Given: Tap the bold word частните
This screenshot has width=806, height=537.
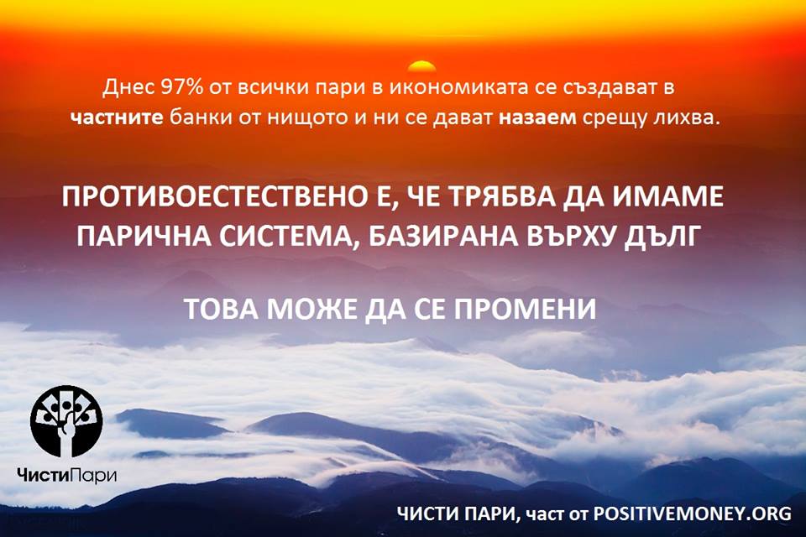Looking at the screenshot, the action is point(118,117).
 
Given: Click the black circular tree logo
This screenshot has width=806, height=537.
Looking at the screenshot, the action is point(66,421).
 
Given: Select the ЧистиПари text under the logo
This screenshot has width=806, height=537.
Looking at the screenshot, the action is point(66,475).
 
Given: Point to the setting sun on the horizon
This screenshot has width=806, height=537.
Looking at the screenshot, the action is point(422,66).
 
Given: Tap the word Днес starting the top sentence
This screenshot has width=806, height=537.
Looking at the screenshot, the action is point(128,88).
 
